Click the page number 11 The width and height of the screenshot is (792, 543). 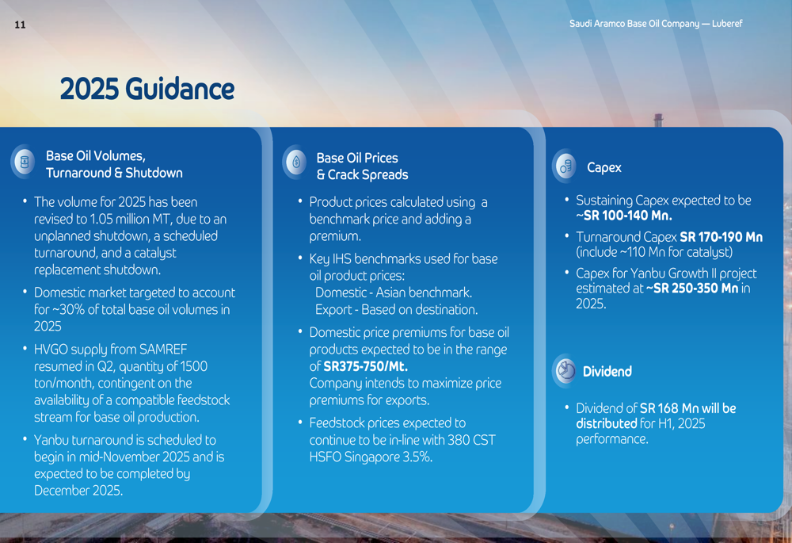(x=21, y=25)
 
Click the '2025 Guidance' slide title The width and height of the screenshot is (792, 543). (x=147, y=89)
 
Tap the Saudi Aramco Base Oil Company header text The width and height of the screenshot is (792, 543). (x=656, y=24)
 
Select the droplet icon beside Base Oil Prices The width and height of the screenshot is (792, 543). (x=296, y=163)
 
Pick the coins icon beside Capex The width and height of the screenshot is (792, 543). (x=565, y=166)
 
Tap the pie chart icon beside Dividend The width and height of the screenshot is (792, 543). (x=565, y=371)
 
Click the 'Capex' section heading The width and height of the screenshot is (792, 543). (x=604, y=168)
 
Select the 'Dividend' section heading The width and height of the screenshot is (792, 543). (x=607, y=372)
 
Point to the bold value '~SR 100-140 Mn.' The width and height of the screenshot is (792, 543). (x=624, y=216)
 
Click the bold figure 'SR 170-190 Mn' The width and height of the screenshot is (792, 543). (x=722, y=237)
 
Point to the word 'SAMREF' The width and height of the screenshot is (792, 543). (x=163, y=350)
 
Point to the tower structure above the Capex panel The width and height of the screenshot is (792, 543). (x=658, y=120)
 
